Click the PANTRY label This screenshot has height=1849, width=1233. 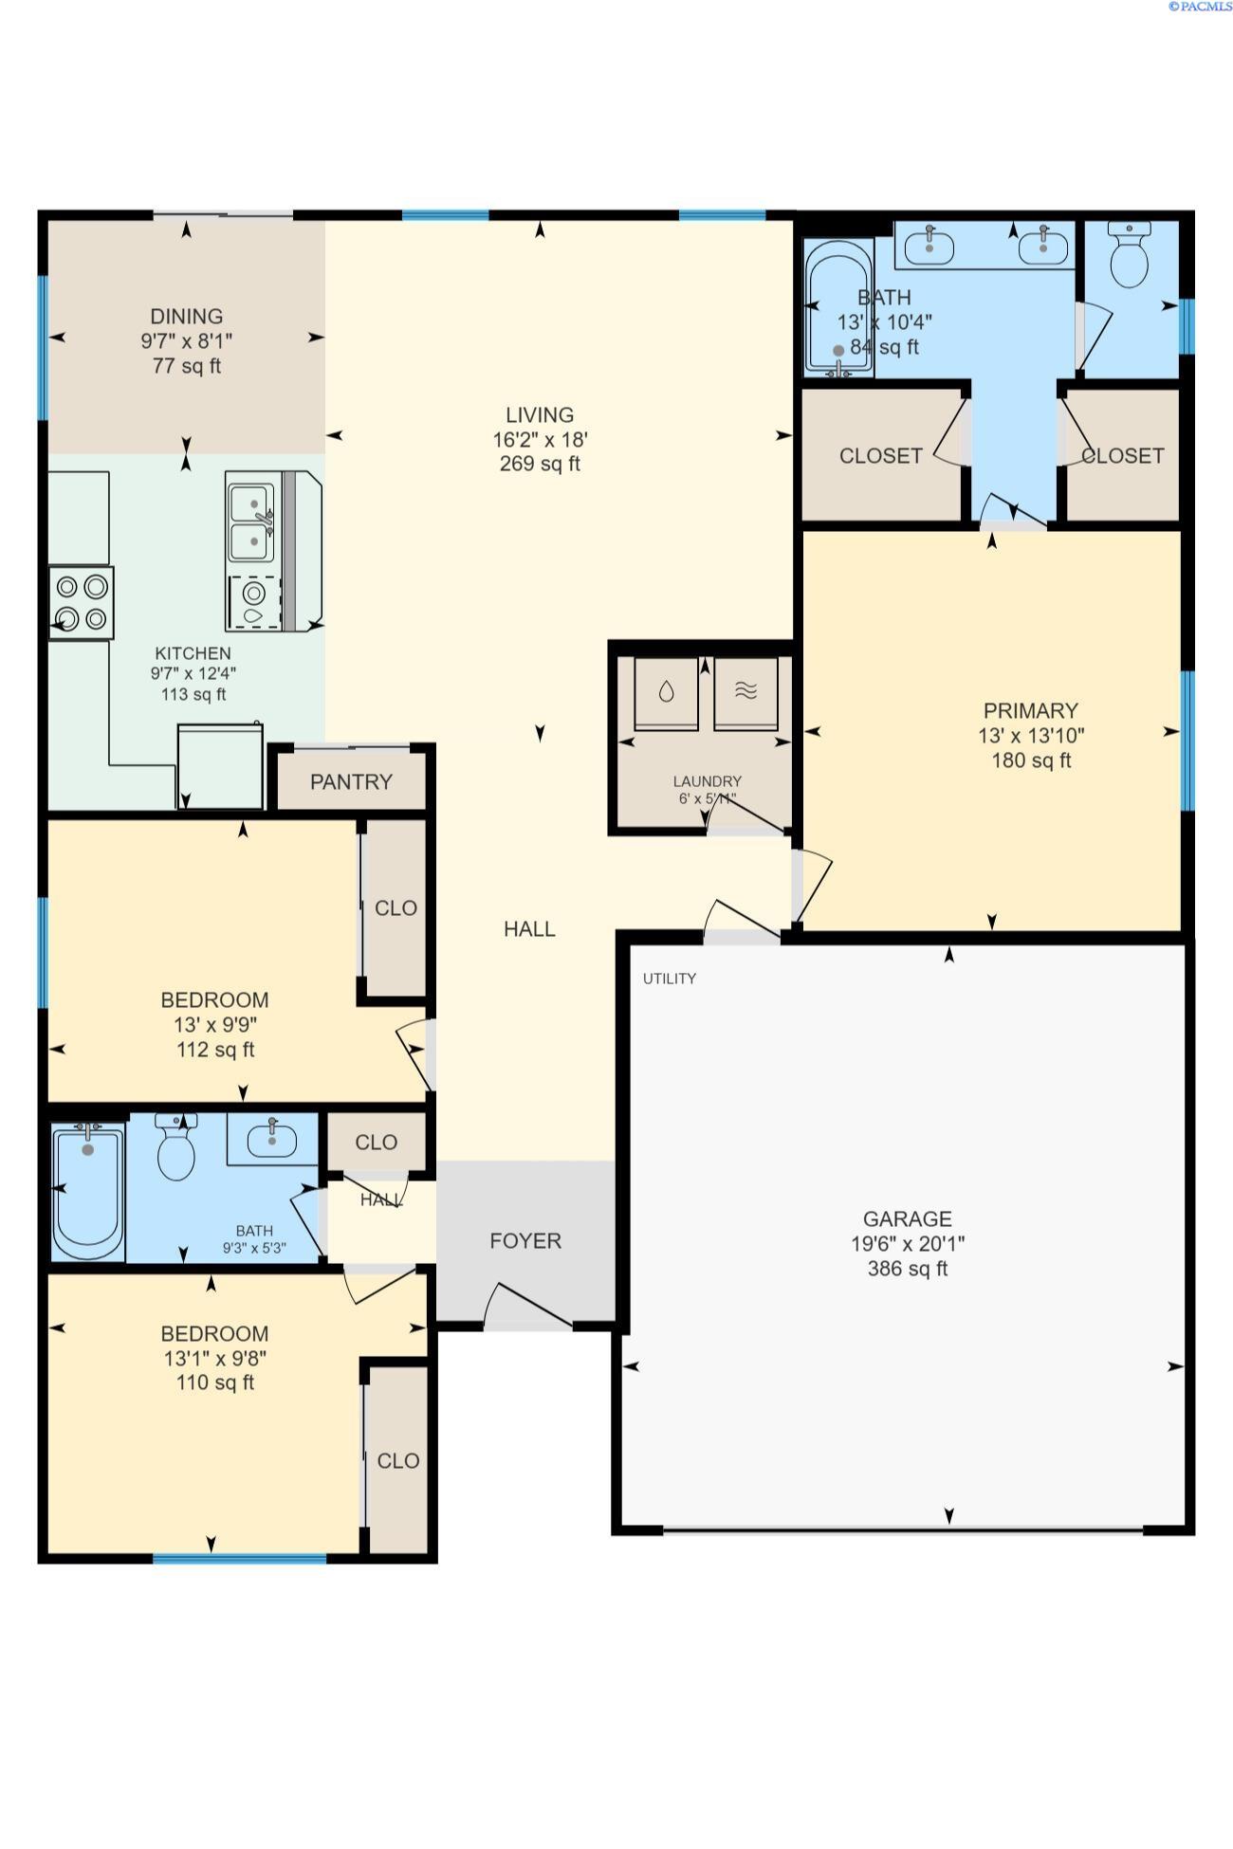351,782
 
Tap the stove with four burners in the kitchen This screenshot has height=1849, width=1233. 82,602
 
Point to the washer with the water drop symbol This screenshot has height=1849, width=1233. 666,692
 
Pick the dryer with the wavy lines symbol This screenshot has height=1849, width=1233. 746,692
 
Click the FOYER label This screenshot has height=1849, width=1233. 525,1241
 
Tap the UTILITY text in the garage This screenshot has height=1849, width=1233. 670,979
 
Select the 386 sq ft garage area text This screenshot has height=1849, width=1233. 908,1269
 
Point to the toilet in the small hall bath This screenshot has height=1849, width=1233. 176,1148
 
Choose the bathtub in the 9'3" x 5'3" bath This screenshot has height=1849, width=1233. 88,1190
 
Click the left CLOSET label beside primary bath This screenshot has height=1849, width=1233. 880,456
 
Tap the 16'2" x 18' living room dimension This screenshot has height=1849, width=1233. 540,440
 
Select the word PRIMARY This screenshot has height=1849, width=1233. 1030,711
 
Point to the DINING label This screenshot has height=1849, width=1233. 187,317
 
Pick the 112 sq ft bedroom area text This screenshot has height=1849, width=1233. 215,1050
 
